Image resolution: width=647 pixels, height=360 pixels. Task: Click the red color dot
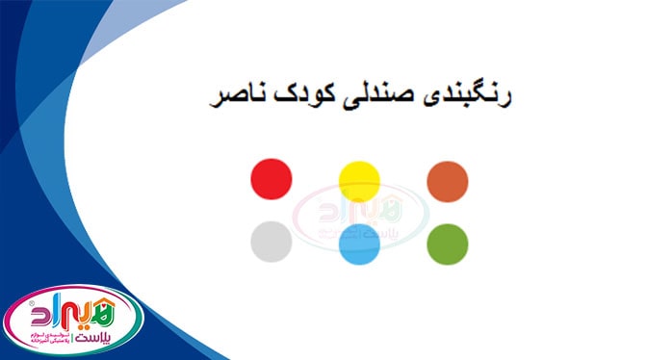tap(271, 178)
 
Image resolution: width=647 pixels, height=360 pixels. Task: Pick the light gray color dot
tap(271, 241)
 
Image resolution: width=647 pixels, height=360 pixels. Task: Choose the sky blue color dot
tap(359, 244)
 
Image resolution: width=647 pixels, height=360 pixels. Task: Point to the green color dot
tap(448, 244)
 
